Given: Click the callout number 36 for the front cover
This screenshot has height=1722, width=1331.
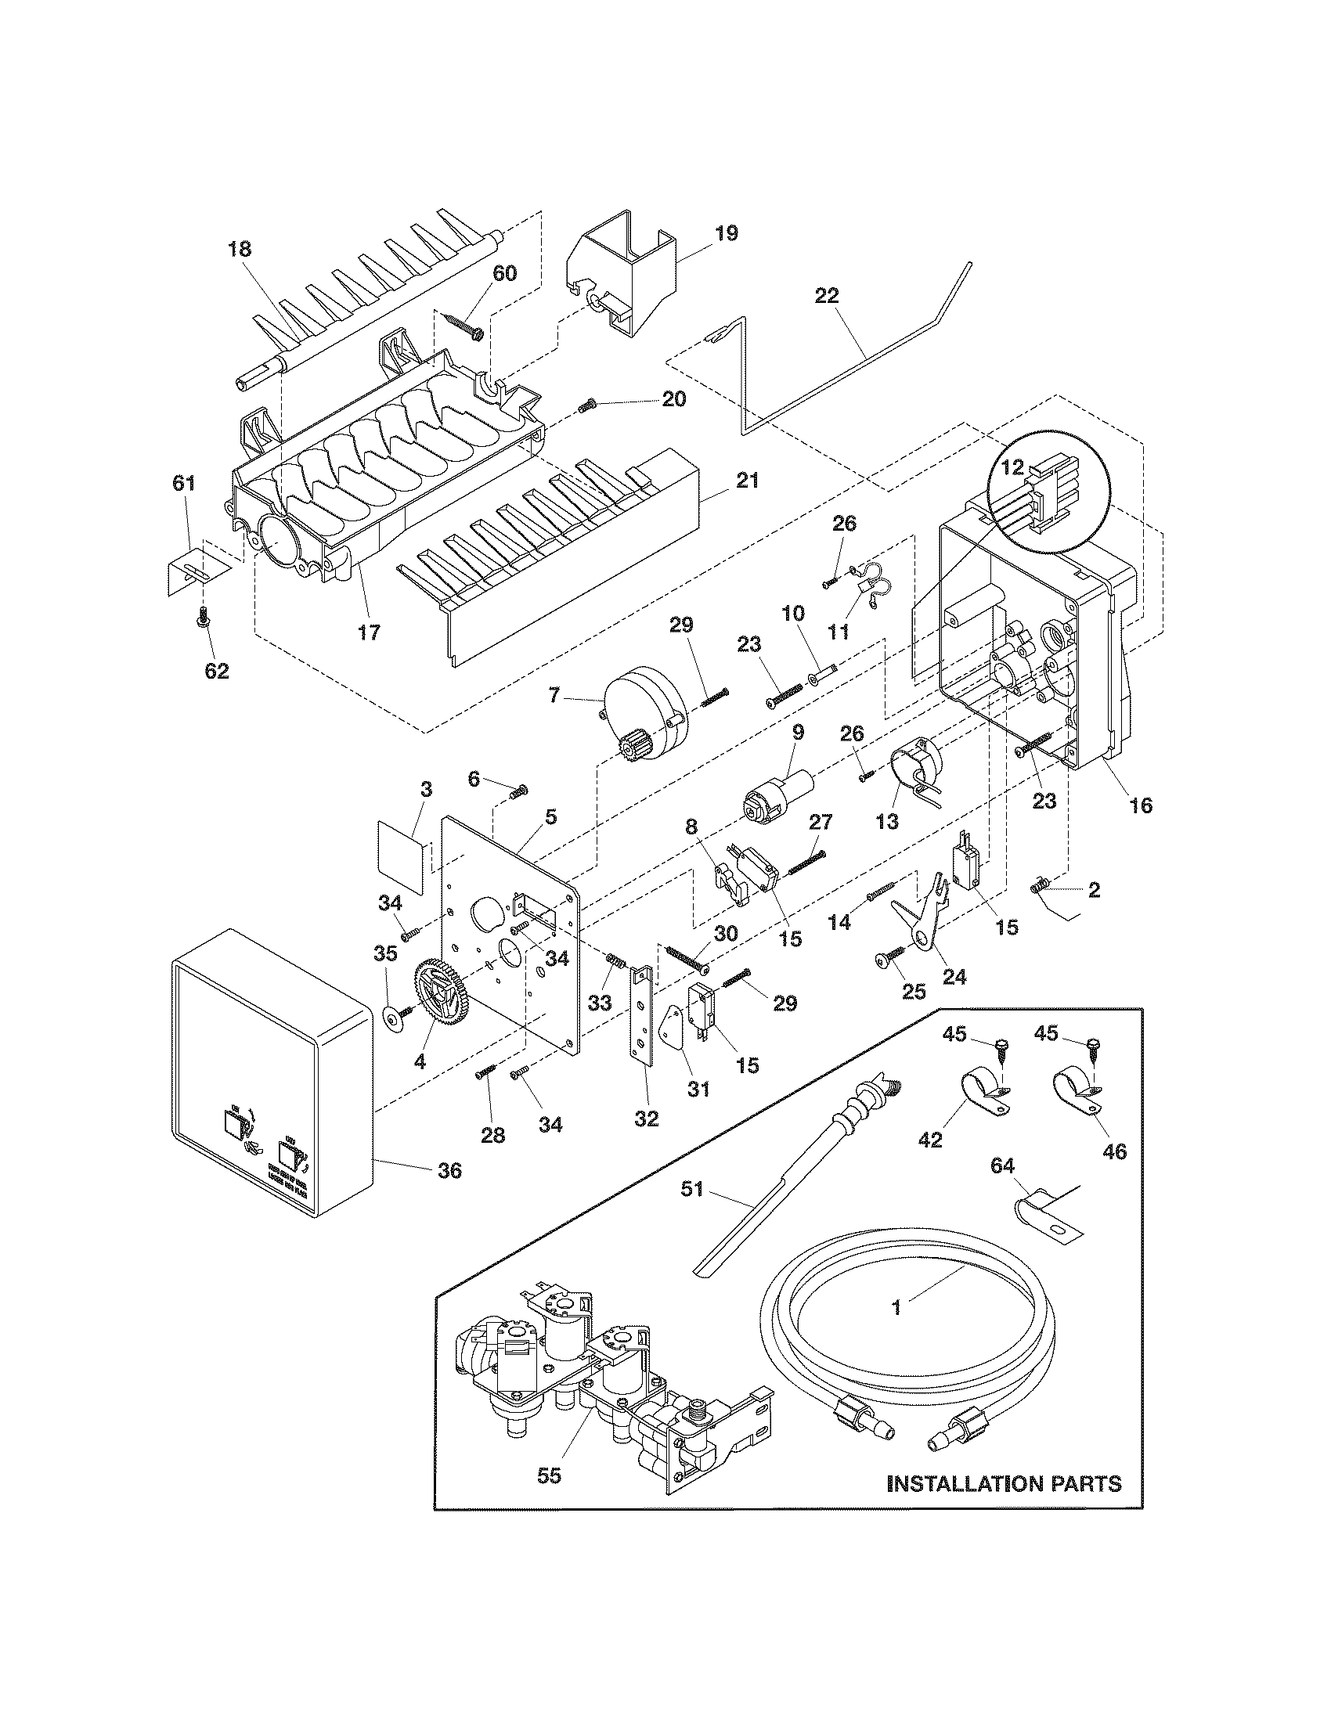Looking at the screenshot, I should click(449, 1171).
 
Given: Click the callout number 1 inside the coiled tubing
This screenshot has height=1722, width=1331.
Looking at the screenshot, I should click(896, 1307).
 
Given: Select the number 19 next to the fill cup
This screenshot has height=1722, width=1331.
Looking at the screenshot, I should click(727, 233).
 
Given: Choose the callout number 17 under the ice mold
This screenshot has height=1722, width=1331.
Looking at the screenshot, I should click(369, 632).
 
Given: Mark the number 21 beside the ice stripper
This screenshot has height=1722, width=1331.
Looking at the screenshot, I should click(746, 480).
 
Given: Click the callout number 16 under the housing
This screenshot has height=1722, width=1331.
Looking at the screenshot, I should click(1141, 805).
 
